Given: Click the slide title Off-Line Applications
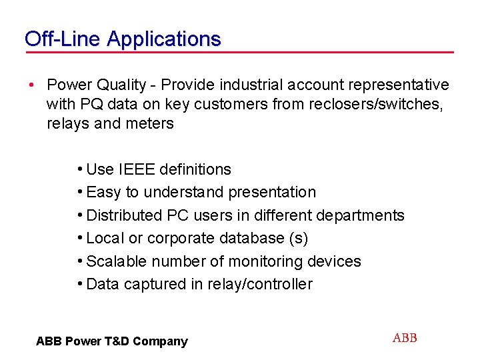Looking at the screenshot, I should coord(122,39).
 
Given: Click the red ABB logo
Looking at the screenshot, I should coord(405,338).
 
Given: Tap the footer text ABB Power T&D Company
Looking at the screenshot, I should coord(112,341).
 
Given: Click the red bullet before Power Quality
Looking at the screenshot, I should coord(31,85).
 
